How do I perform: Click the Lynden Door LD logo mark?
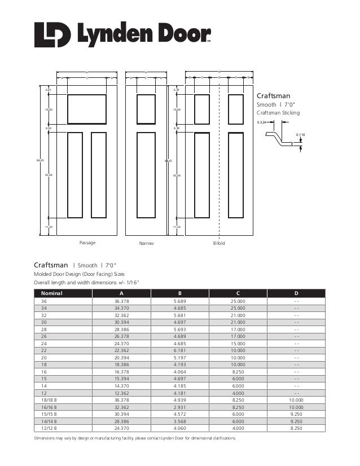(x=52, y=35)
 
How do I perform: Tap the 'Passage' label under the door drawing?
(x=87, y=243)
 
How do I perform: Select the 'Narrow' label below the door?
(x=146, y=244)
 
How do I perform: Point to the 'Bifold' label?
(x=218, y=244)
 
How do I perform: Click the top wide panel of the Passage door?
(x=86, y=109)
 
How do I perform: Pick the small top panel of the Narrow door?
(x=146, y=109)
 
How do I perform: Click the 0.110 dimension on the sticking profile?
(x=300, y=135)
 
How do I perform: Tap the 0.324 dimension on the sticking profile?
(x=261, y=122)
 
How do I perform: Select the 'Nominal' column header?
(x=51, y=293)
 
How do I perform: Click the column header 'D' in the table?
(x=297, y=293)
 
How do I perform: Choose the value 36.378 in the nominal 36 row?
(x=121, y=302)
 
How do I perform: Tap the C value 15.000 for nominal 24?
(x=238, y=343)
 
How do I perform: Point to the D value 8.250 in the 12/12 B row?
(x=296, y=428)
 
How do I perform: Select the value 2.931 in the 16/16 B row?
(x=179, y=407)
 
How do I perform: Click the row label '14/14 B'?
(x=50, y=421)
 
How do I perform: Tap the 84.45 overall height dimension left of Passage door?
(x=40, y=161)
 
